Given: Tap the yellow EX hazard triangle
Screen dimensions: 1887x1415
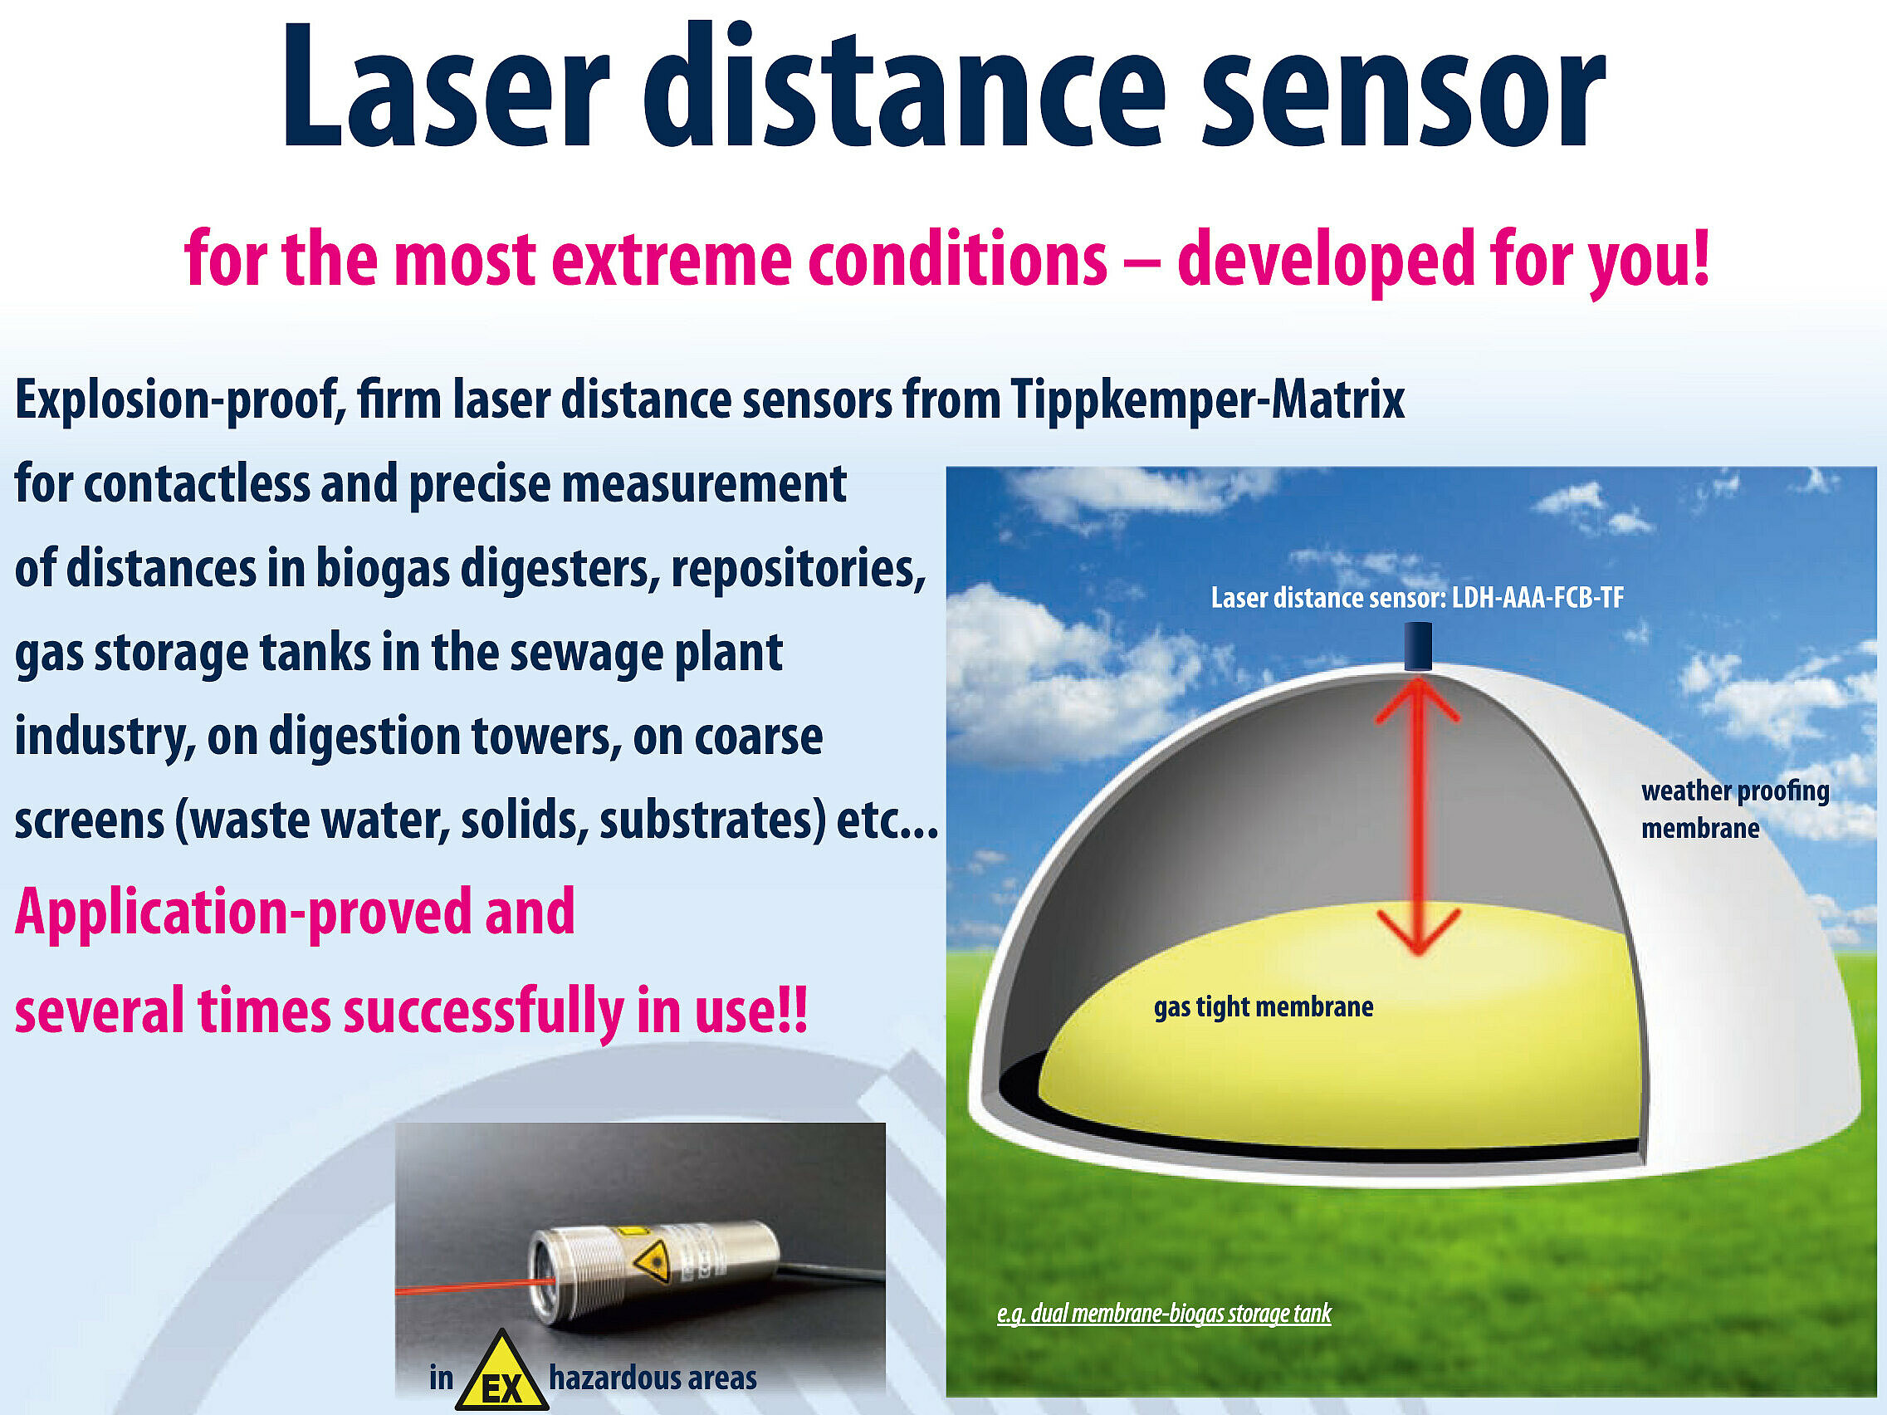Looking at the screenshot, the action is pos(501,1373).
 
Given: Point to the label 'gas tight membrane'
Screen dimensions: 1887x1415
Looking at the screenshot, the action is pos(1264,1008).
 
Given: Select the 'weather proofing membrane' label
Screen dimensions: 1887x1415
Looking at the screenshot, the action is pos(1734,809).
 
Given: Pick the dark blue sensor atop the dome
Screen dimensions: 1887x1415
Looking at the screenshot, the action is pos(1418,646).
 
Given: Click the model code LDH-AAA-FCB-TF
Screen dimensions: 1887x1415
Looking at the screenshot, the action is pos(1538,597).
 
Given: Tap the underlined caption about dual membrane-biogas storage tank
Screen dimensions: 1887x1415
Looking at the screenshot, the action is pos(1165,1314).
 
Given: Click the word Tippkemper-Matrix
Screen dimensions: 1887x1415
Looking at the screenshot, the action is pos(1207,400).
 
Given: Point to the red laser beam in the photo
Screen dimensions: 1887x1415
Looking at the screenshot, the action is pos(474,1286).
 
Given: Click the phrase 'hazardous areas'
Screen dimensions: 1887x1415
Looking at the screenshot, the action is pos(653,1378).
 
